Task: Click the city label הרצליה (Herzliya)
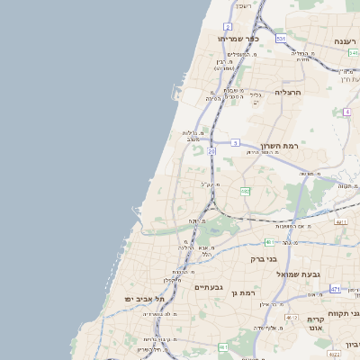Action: coord(293,93)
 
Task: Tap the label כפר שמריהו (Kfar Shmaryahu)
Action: coord(238,40)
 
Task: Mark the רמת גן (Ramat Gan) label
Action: coord(243,292)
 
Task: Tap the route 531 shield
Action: coord(281,40)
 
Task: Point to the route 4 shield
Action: coord(346,112)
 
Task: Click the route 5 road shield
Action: coord(235,142)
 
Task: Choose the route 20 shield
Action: coord(212,152)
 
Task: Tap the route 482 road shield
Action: coord(245,191)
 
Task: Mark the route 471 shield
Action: coord(336,289)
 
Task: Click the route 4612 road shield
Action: coord(292,319)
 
